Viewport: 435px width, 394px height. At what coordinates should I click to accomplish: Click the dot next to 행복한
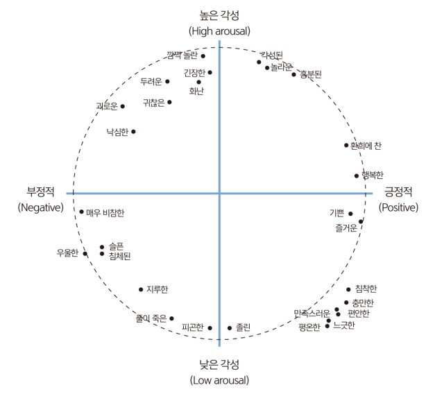[357, 176]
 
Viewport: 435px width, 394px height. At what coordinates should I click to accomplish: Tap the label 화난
[196, 90]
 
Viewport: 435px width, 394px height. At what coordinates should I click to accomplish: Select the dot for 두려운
[167, 82]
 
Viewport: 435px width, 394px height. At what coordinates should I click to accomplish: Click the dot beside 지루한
[141, 289]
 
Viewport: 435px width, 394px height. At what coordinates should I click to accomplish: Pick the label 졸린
[243, 327]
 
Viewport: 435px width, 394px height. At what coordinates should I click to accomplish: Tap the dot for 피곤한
[210, 328]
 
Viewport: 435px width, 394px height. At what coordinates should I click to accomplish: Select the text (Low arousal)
[219, 380]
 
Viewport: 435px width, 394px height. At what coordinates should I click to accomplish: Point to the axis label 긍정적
[398, 191]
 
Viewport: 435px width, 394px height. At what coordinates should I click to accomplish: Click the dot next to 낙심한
[133, 131]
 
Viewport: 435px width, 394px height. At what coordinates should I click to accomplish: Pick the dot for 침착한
[348, 289]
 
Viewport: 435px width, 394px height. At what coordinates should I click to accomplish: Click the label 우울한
[68, 252]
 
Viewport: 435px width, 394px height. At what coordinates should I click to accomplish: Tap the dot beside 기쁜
[350, 214]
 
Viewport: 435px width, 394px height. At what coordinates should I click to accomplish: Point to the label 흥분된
[310, 75]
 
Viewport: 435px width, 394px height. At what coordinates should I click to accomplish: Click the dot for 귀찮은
[169, 102]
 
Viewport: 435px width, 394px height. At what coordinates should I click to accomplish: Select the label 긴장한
[195, 72]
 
